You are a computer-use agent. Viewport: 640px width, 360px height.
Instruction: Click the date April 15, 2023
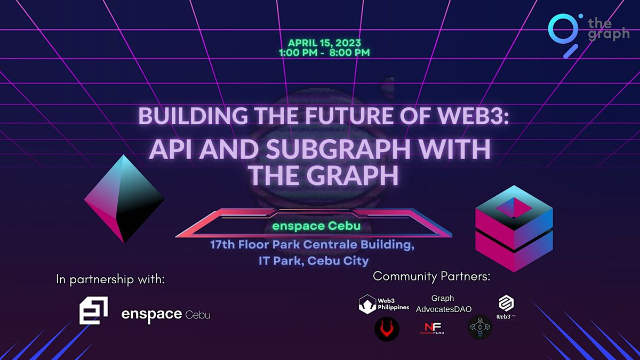tap(324, 43)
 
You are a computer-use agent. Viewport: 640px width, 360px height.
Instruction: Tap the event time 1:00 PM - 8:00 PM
tap(324, 53)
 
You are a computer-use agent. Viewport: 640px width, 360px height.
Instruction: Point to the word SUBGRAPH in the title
tap(319, 150)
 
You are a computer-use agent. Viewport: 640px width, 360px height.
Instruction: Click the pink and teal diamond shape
tap(124, 198)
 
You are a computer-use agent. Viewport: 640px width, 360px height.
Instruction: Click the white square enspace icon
tap(93, 310)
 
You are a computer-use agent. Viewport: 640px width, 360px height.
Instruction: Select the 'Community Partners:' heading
tap(431, 276)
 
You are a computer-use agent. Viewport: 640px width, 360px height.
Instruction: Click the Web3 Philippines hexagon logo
tap(367, 304)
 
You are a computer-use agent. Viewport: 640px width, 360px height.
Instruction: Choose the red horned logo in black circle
tap(387, 328)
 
